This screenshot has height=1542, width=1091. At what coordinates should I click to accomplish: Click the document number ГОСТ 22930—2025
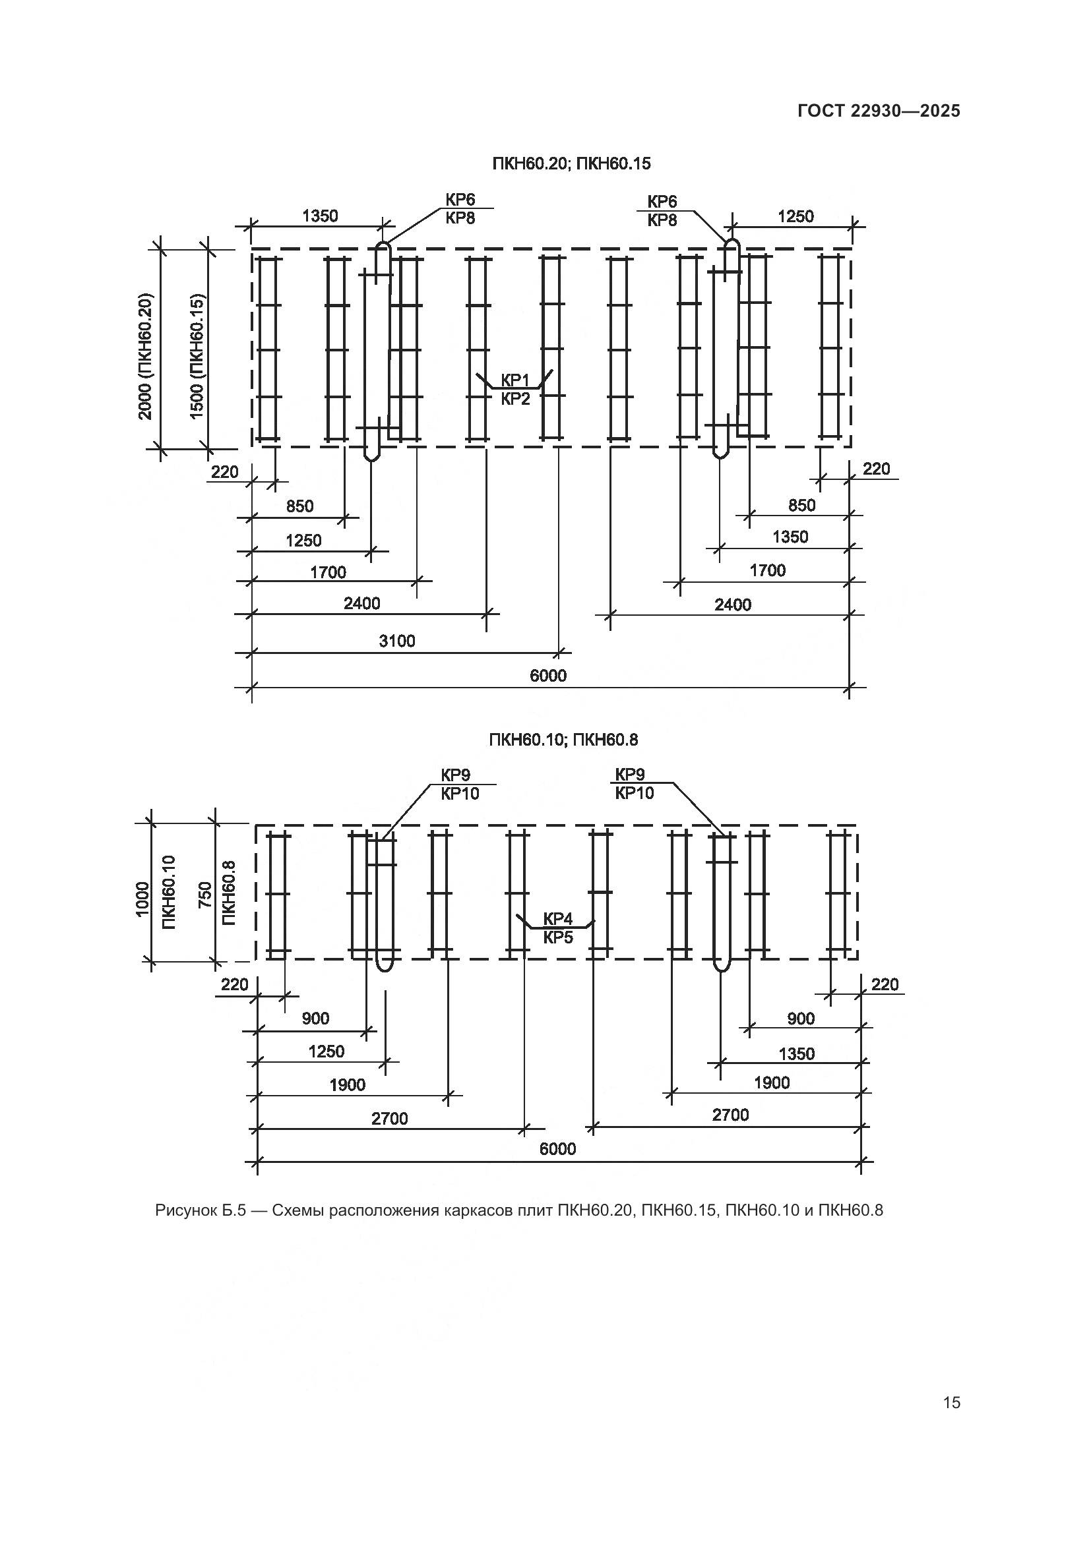(x=879, y=111)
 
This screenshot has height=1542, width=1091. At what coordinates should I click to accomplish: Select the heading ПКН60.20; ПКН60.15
(x=571, y=164)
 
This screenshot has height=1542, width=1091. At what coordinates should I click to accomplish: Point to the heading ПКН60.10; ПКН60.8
(x=563, y=740)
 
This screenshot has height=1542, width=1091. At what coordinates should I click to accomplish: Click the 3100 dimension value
(x=397, y=641)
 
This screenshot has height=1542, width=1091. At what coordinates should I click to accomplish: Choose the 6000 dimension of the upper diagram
(x=548, y=676)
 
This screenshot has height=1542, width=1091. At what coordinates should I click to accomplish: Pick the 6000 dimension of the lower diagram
(x=557, y=1149)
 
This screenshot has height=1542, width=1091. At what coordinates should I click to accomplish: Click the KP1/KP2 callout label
(x=515, y=390)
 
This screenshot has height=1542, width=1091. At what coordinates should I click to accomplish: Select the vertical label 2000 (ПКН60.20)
(x=146, y=356)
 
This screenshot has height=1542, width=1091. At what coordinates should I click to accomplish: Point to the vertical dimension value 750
(x=205, y=895)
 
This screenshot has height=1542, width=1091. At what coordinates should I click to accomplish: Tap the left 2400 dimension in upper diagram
(x=362, y=603)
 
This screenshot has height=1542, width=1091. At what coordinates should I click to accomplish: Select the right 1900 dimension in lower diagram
(x=772, y=1082)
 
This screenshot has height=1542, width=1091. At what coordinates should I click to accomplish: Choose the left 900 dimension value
(x=315, y=1019)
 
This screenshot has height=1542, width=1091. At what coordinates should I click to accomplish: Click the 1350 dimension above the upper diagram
(x=320, y=216)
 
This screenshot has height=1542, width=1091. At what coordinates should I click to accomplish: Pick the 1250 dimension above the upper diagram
(x=795, y=216)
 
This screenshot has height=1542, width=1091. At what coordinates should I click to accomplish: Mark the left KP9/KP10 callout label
(x=460, y=785)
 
